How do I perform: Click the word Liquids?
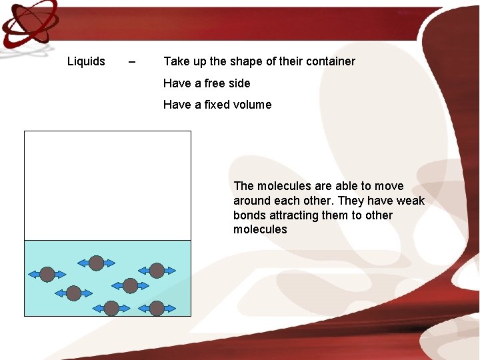pos(86,61)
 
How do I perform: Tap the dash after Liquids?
pos(132,62)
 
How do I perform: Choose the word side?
pos(238,83)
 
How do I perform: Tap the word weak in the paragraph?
pos(410,201)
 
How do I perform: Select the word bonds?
pos(249,215)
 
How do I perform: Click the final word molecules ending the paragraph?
pos(260,229)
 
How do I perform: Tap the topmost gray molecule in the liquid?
pos(96,263)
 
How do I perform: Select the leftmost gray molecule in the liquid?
pos(47,274)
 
